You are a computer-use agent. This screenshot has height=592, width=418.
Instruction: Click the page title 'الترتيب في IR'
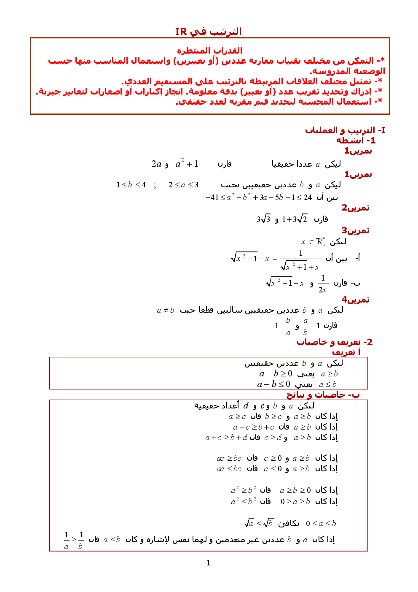point(208,32)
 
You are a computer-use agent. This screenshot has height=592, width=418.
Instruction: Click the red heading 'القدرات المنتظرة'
point(209,51)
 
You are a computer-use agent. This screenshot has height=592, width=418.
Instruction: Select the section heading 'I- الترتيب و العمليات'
point(345,130)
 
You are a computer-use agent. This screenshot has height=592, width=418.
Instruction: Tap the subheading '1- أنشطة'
point(356,141)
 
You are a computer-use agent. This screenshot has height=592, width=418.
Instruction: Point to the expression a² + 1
point(187,164)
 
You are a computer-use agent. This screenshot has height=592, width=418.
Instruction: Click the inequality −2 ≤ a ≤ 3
point(181,185)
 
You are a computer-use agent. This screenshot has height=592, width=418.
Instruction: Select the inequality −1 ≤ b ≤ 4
point(129,185)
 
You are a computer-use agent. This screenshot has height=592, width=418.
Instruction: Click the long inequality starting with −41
point(259,197)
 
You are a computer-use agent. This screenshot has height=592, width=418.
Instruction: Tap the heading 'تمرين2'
point(355,208)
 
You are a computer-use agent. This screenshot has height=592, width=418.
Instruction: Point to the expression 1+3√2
point(295,219)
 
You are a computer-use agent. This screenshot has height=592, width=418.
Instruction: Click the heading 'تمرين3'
point(355,230)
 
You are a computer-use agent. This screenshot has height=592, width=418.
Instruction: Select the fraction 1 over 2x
point(323,284)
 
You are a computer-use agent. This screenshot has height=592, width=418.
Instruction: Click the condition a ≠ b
point(165,310)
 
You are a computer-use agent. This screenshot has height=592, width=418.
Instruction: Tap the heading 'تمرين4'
point(355,300)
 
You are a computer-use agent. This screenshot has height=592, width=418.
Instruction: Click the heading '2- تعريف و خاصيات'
point(335,342)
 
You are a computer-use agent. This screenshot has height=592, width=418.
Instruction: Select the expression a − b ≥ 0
point(276,373)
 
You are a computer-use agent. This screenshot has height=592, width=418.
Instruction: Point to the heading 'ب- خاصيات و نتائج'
point(323,395)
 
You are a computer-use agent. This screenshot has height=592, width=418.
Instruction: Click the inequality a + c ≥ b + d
point(226,438)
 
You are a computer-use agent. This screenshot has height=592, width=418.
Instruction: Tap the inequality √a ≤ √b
point(259,523)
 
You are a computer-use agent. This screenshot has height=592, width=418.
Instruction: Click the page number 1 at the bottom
point(208,562)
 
